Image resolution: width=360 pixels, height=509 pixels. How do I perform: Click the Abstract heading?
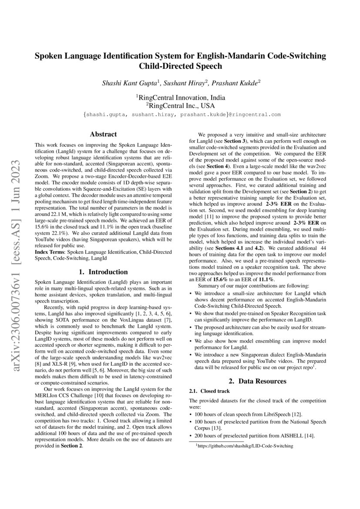click(103, 135)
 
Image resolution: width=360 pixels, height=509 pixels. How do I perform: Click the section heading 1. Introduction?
click(103, 272)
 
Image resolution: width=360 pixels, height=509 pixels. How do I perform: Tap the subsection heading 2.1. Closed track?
click(206, 391)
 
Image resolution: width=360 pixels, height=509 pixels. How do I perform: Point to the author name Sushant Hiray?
click(182, 83)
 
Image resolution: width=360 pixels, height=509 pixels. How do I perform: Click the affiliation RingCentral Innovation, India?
click(181, 98)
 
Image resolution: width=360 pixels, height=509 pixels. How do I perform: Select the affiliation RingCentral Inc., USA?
click(181, 105)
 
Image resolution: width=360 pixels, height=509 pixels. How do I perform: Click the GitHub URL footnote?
click(246, 446)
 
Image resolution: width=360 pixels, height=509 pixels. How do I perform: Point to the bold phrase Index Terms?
click(48, 252)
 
